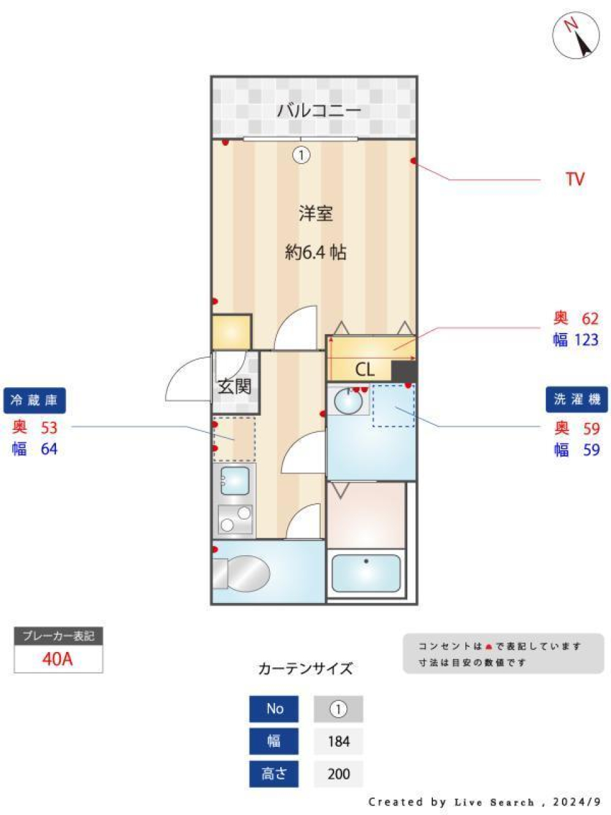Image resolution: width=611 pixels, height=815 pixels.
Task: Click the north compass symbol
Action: click(576, 35)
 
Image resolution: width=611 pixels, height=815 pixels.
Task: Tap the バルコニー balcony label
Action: click(319, 110)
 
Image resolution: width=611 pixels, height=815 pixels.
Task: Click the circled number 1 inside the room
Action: click(301, 155)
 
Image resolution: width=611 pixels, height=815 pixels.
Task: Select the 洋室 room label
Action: click(316, 213)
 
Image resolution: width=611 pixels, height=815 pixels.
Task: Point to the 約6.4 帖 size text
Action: click(316, 252)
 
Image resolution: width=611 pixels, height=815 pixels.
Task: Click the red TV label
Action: click(575, 179)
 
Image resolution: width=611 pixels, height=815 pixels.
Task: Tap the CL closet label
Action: click(365, 369)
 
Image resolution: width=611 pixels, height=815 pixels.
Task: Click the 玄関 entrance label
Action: click(234, 386)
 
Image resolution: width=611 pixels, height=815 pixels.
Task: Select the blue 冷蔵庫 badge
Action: click(34, 400)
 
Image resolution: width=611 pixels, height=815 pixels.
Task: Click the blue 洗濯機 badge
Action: click(577, 399)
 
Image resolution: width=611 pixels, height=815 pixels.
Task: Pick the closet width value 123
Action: click(586, 340)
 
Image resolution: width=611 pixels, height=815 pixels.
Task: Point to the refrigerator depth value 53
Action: click(49, 427)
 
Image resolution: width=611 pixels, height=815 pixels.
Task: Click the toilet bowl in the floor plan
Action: click(245, 572)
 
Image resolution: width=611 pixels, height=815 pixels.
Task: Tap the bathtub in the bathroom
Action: click(366, 573)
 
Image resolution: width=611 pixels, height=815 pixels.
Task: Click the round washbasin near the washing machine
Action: click(348, 402)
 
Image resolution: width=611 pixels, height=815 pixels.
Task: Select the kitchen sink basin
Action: click(235, 481)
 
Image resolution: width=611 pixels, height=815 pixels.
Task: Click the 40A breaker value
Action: click(58, 659)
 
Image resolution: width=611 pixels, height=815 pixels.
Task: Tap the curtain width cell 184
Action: click(339, 741)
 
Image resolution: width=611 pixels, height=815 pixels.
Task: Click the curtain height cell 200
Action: click(339, 774)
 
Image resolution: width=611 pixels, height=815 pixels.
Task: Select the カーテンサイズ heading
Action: click(305, 669)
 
